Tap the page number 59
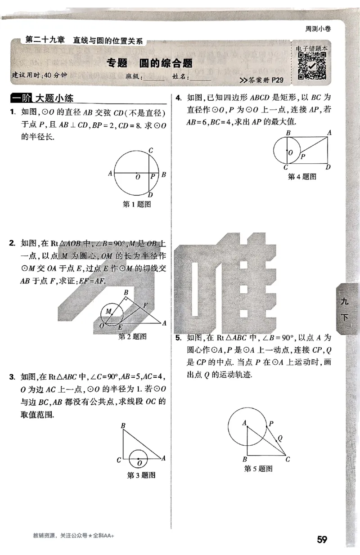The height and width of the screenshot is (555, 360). point(322,539)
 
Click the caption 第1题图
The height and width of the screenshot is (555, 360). point(136,204)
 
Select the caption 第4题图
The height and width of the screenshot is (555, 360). point(302,177)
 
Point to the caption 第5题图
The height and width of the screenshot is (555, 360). point(258,469)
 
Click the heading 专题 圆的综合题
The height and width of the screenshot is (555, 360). point(150,63)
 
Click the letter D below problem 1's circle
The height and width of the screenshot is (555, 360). point(150,195)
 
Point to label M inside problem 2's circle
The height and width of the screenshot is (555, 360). point(108,311)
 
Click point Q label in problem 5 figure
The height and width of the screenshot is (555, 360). point(280,438)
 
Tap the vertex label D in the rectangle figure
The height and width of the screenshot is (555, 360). point(328,167)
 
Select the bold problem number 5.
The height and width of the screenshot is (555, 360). point(178,337)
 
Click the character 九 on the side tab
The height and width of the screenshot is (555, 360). point(345,302)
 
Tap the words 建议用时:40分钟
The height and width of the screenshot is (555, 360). point(39,75)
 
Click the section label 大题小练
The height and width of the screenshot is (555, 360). point(54,98)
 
